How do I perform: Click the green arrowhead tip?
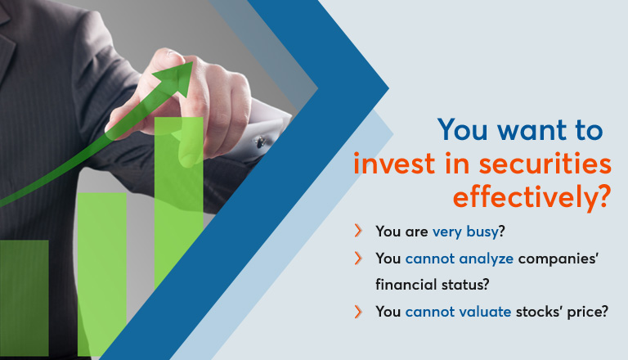[x=192, y=62]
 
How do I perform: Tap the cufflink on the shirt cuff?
[x=260, y=142]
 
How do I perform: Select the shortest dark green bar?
[x=24, y=298]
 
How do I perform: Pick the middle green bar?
[x=101, y=274]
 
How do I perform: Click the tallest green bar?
[x=178, y=200]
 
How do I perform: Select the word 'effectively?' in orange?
[x=532, y=196]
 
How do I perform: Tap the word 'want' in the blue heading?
[x=532, y=130]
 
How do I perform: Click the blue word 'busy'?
[x=482, y=232]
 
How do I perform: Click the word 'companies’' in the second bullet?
[x=558, y=259]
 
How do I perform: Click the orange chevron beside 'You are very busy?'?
[x=358, y=231]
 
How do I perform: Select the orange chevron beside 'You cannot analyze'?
[x=358, y=259]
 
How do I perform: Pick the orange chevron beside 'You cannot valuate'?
[x=358, y=312]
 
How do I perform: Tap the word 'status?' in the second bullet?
[x=465, y=285]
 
